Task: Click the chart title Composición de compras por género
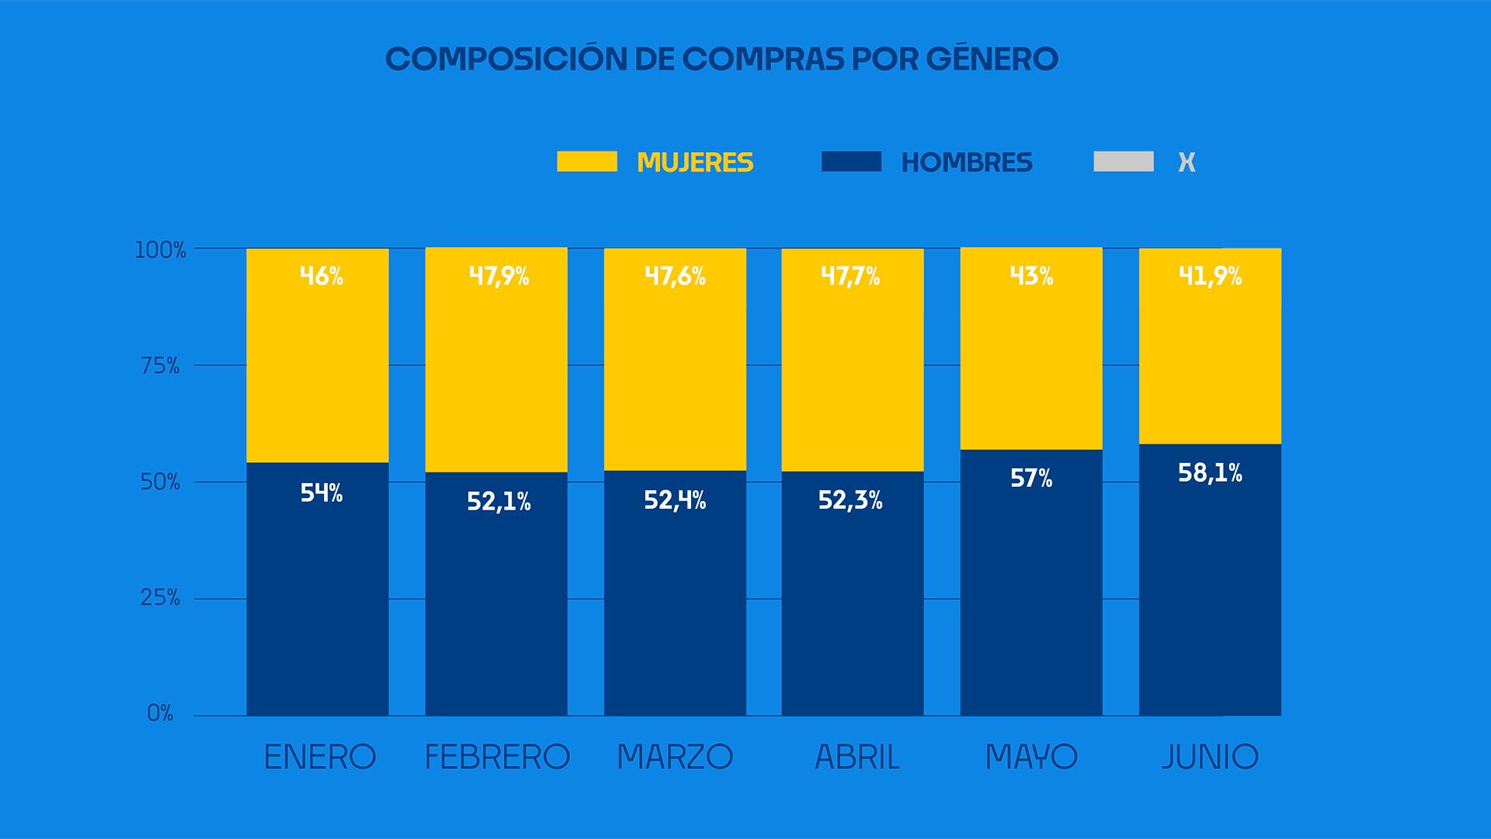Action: click(x=721, y=59)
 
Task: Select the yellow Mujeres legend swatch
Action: click(x=587, y=162)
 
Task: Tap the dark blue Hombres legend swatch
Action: click(x=851, y=162)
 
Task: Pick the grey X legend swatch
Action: click(x=1123, y=162)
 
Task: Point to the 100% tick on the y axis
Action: click(x=161, y=250)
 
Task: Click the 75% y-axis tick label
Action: click(x=160, y=366)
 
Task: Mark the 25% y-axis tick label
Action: click(x=160, y=598)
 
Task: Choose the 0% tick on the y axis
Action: click(x=160, y=713)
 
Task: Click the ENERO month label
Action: click(x=320, y=757)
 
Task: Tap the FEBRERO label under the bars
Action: click(x=497, y=757)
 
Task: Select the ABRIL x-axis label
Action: click(x=857, y=757)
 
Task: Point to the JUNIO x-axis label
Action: click(x=1210, y=757)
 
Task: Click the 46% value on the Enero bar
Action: click(x=321, y=276)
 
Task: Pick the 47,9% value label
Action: click(x=499, y=276)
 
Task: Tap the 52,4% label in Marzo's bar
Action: click(x=675, y=500)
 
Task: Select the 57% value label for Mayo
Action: click(x=1031, y=478)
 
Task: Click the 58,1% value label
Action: click(x=1210, y=472)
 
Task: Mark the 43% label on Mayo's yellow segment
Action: click(x=1031, y=276)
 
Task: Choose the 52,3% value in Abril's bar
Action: click(x=850, y=500)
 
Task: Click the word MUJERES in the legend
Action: click(x=695, y=162)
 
